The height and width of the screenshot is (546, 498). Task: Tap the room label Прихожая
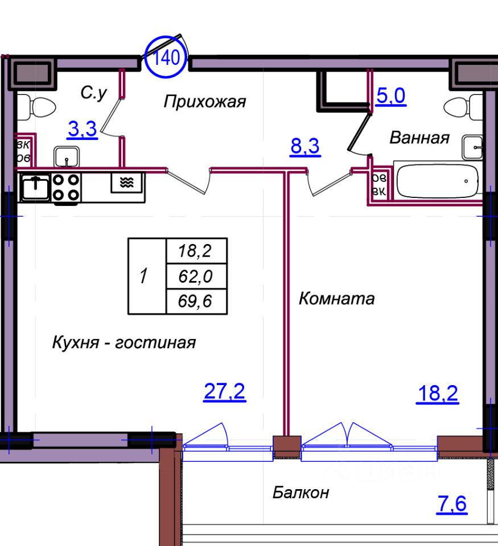(x=205, y=102)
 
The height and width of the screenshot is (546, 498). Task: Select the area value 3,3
(x=82, y=130)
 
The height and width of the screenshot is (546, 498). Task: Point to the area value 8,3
(x=305, y=147)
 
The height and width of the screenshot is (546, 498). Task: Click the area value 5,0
(x=390, y=96)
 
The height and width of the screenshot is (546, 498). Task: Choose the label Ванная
(x=419, y=138)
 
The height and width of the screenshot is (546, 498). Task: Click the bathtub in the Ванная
(x=438, y=181)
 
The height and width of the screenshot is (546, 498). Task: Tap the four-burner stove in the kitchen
(x=65, y=187)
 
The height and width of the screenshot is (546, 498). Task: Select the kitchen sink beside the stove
(x=35, y=187)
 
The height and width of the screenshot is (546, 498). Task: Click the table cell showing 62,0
(x=196, y=276)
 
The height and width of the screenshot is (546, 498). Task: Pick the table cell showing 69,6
(x=196, y=301)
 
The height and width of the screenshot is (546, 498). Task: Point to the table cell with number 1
(x=146, y=276)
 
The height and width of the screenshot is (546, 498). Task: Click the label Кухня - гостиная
(x=124, y=343)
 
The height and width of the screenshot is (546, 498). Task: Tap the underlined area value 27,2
(x=224, y=392)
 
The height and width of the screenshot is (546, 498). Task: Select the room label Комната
(x=337, y=299)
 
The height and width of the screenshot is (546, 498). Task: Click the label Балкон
(x=301, y=493)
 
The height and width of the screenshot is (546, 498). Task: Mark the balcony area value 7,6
(x=452, y=504)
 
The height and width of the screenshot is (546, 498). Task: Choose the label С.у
(x=93, y=94)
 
